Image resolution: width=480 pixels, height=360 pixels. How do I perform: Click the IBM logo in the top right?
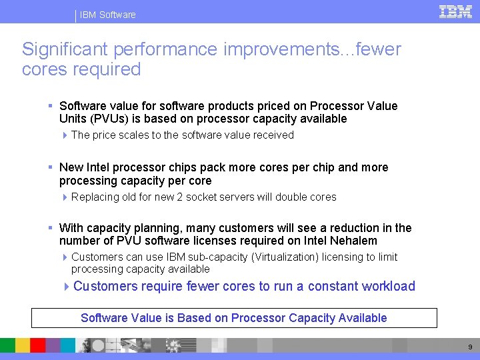coord(456,11)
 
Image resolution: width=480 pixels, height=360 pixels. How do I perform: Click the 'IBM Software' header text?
coord(107,15)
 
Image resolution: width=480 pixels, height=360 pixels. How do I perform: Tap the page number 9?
coord(469,347)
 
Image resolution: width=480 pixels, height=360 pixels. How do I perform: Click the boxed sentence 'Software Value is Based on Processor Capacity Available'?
coord(234,318)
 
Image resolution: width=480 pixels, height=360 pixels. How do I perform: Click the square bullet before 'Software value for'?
coord(51,106)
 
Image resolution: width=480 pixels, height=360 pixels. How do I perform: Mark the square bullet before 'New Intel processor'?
coord(51,167)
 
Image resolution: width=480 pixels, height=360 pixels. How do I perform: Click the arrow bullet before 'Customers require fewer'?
coord(67,287)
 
